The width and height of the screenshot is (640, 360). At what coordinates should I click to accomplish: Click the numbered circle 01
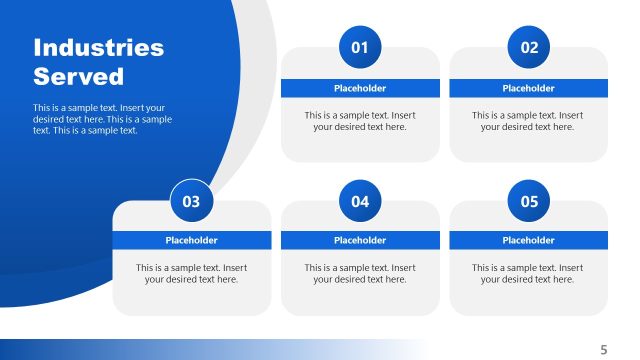click(360, 47)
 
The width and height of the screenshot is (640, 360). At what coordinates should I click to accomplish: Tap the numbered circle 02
click(529, 47)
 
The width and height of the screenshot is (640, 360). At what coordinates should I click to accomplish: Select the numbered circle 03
click(191, 201)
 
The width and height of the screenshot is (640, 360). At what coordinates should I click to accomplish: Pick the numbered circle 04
click(360, 201)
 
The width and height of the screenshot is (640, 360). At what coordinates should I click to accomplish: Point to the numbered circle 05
click(529, 201)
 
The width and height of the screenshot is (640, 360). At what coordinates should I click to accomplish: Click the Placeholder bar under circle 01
click(360, 88)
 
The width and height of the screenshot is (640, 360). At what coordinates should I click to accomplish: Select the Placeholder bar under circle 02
click(528, 88)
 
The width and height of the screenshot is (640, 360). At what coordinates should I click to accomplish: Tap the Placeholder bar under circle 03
click(191, 240)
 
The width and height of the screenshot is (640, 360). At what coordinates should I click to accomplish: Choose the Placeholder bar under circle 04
click(360, 240)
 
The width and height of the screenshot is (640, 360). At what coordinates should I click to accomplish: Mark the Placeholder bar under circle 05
click(528, 240)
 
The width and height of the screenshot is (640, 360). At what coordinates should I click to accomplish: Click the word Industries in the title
click(98, 48)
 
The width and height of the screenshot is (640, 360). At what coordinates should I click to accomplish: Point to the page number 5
click(603, 349)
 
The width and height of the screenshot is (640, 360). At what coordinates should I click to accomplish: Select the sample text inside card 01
click(360, 121)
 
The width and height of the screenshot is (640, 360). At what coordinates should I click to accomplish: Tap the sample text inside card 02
click(528, 121)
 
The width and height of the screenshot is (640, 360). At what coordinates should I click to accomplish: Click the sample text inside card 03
click(191, 273)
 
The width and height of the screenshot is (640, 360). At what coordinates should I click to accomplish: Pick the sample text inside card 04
click(360, 273)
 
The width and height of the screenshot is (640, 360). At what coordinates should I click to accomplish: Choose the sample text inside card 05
click(528, 273)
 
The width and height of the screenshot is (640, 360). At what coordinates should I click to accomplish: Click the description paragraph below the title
click(102, 119)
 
